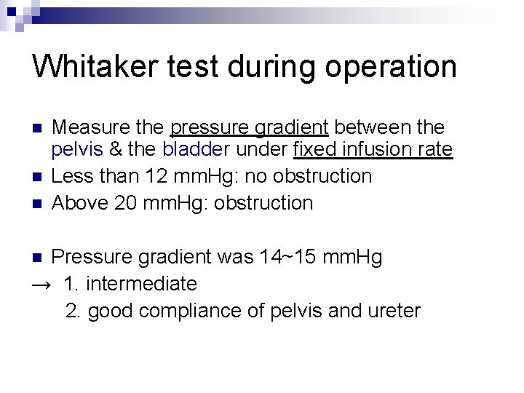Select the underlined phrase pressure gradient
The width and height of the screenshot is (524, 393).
[x=250, y=129]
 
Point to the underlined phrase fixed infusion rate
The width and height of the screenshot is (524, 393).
[x=373, y=151]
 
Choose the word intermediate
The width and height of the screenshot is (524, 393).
[x=141, y=283]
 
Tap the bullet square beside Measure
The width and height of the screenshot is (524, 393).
[x=38, y=129]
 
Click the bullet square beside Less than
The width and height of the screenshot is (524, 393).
[x=38, y=177]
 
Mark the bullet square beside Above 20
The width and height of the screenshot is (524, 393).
[x=38, y=203]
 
